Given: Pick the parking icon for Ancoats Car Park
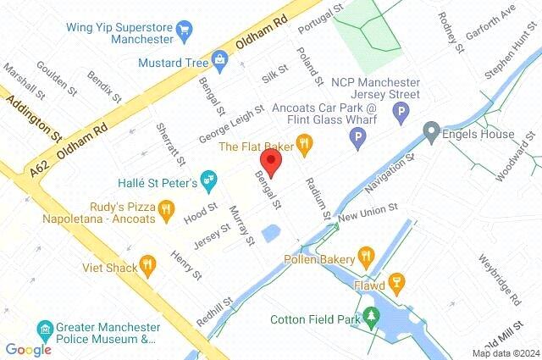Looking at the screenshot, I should coord(359,136).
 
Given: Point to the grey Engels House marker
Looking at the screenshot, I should coord(432,134).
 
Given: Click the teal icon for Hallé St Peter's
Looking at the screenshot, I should coord(210,181).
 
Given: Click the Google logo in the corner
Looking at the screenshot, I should coord(28,349).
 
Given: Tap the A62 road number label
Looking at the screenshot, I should coord(40,160).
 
